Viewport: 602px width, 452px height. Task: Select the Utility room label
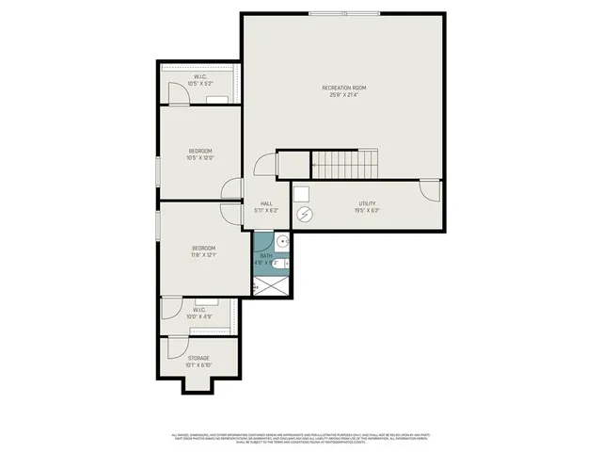366,203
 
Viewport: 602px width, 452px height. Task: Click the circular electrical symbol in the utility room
305,215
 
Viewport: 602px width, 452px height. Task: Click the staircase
344,165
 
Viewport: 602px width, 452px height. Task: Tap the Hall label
266,203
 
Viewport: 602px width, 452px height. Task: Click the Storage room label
198,358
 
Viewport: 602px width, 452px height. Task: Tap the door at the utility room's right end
431,190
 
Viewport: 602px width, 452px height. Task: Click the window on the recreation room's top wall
345,13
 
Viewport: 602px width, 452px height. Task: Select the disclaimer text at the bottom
301,438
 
